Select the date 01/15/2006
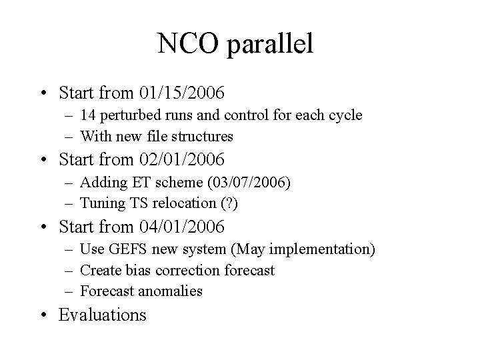[182, 91]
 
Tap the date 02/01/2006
[182, 160]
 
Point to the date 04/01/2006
[182, 228]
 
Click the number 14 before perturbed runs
[88, 115]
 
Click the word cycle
[345, 115]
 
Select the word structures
[201, 137]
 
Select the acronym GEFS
[123, 249]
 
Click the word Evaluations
[103, 315]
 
